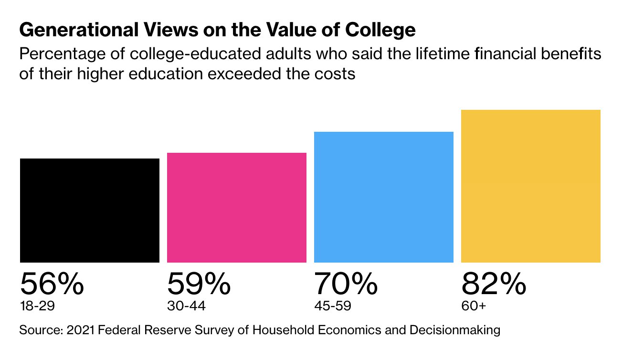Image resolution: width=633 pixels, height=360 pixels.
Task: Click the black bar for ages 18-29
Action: click(90, 210)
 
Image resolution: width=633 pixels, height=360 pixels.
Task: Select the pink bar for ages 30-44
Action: click(236, 207)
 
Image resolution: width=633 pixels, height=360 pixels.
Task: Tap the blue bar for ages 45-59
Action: click(383, 197)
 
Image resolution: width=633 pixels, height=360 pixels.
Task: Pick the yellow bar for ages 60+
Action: click(530, 186)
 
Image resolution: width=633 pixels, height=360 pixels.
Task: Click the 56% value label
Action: click(52, 285)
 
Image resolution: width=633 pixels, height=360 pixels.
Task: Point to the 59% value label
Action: click(199, 285)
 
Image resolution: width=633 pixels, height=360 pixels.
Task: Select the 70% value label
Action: click(346, 285)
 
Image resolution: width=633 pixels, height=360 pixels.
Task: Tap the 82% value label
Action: click(494, 285)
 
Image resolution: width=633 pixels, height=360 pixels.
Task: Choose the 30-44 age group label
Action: click(186, 306)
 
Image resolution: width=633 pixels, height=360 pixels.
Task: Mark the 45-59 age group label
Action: click(333, 306)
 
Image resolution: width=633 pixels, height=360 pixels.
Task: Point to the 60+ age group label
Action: click(473, 306)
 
